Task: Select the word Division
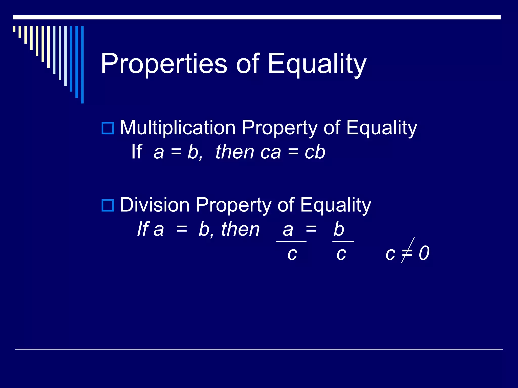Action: coord(155,205)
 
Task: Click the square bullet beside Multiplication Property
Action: coord(108,128)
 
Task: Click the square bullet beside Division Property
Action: coord(108,205)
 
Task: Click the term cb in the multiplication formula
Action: coord(315,152)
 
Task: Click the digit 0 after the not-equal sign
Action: coord(424,253)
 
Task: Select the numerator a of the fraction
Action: coord(288,230)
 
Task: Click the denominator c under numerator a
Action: coord(292,254)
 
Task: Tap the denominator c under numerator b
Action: coord(341,254)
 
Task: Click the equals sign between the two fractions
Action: coord(311,229)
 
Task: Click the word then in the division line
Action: coord(240,229)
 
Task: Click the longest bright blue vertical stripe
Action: coord(82,64)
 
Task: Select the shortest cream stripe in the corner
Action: coord(14,29)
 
